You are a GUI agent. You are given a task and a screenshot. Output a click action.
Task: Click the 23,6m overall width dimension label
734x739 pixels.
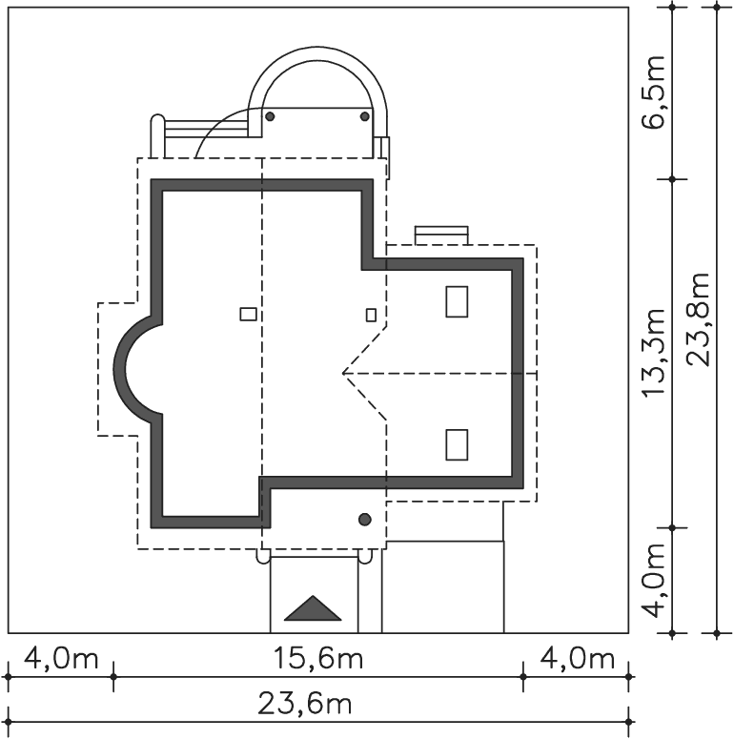[305, 705]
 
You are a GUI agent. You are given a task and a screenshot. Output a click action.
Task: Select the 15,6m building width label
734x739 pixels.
[318, 659]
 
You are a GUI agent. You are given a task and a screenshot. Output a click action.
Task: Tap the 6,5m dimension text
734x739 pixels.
[653, 92]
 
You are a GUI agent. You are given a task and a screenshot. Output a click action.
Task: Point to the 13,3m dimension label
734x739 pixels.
[654, 353]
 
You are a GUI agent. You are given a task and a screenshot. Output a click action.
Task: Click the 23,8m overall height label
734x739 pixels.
[698, 319]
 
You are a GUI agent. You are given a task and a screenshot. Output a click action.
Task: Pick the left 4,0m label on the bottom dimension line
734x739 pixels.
[61, 659]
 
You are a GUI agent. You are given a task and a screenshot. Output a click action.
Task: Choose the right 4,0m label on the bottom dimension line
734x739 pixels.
[577, 659]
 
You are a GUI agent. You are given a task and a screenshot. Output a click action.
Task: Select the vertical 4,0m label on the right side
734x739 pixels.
[654, 580]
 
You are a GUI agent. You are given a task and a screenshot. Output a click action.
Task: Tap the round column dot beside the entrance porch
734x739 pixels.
[365, 520]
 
